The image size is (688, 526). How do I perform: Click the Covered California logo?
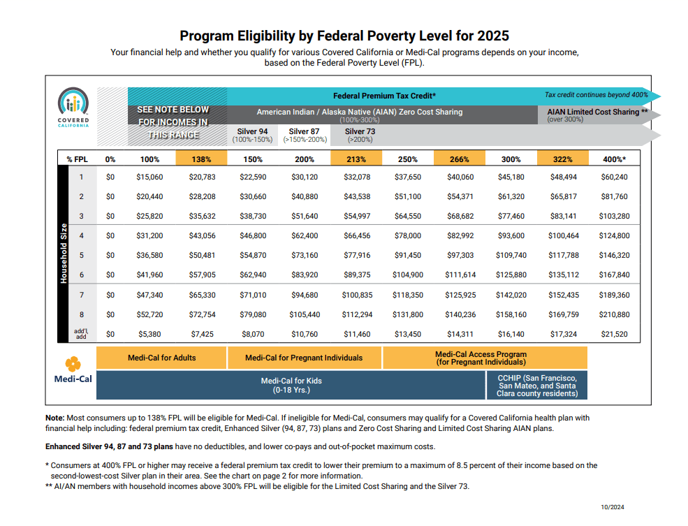[x=73, y=107]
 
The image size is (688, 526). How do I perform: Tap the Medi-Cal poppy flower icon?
[x=73, y=364]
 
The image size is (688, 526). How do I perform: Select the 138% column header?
[x=201, y=159]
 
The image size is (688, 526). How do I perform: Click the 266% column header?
[x=460, y=159]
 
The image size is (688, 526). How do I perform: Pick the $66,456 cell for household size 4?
[x=357, y=235]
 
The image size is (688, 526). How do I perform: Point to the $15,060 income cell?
[x=149, y=177]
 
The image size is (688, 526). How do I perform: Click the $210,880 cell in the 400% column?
[x=614, y=314]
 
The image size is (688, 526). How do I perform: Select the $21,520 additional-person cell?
[x=614, y=334]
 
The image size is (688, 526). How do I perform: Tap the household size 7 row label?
[x=82, y=295]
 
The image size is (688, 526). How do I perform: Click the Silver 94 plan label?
[x=252, y=135]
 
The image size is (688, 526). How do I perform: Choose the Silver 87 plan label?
[x=305, y=135]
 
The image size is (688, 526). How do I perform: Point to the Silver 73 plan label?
[x=360, y=135]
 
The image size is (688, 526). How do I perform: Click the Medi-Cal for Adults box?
[x=161, y=358]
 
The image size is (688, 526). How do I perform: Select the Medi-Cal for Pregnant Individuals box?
[x=304, y=358]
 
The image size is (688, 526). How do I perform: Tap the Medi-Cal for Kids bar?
[x=291, y=385]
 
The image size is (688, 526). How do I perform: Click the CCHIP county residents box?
[x=537, y=385]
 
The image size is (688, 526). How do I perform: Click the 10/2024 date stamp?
[x=613, y=507]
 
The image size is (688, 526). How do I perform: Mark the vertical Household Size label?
[x=64, y=253]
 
